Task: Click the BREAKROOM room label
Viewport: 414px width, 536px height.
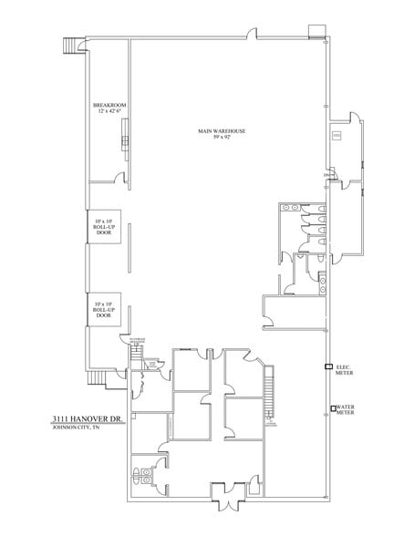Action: coord(109,106)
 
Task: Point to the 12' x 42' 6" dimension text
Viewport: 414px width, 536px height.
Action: coord(109,113)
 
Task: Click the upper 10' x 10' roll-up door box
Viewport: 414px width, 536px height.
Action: coord(103,228)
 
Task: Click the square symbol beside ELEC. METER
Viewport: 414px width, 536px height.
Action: coord(330,366)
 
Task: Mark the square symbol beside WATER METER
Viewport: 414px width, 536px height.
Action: coord(330,407)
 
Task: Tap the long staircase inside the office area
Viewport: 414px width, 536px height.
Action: coord(268,391)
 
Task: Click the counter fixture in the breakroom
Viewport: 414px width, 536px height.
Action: coord(124,143)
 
